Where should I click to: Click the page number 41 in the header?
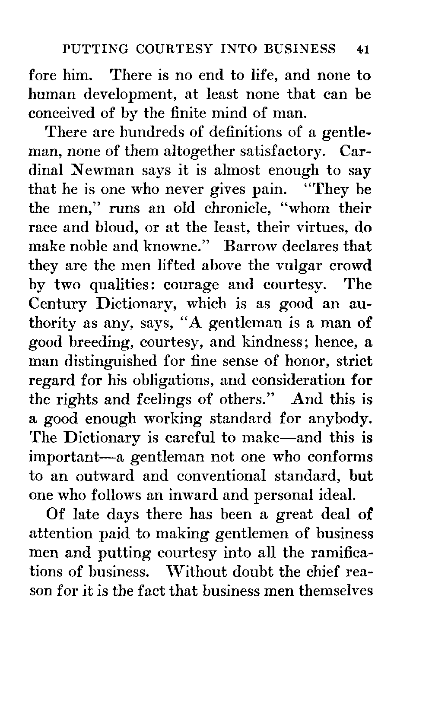point(362,49)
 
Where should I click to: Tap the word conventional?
point(222,476)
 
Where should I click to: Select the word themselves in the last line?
point(337,591)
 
